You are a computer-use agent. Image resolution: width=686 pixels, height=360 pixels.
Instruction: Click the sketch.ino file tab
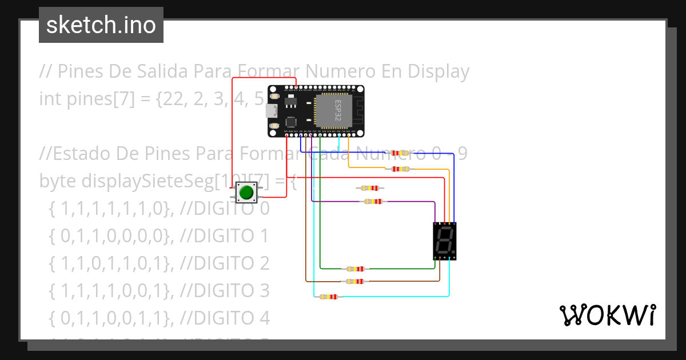coord(101,25)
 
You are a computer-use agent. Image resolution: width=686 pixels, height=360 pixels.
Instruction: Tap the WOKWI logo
coord(608,315)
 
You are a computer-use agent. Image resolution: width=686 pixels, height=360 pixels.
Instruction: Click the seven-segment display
coord(445,241)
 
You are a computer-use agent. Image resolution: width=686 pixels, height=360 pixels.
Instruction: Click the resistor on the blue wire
coord(401,153)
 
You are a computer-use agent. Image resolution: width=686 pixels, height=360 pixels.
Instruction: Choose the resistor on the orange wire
coord(401,169)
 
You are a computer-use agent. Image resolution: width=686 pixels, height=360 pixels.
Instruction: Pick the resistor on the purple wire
coord(373,201)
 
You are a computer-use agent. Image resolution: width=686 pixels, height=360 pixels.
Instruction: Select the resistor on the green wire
coord(355,269)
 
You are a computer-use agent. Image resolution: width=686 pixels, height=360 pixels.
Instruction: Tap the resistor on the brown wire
coord(355,281)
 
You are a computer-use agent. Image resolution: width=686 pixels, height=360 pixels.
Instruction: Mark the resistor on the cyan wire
coord(328,297)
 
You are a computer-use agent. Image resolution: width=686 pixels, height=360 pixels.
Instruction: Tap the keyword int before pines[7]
coord(48,99)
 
